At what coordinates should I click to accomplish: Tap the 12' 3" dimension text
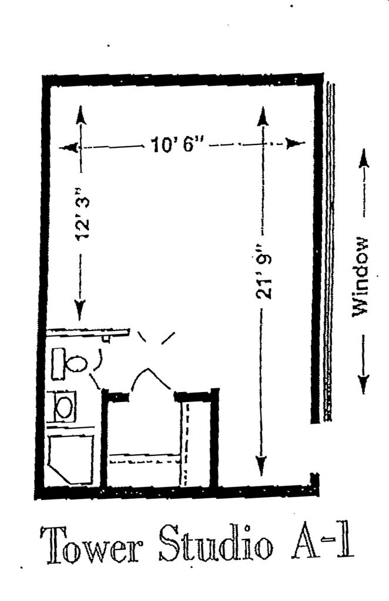[82, 217]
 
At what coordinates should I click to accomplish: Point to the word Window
[360, 276]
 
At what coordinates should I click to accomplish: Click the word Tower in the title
[92, 542]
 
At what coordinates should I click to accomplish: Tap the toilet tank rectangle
[58, 363]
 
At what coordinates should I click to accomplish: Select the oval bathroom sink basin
[64, 406]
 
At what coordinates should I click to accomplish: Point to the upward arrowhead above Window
[364, 157]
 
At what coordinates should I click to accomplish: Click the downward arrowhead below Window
[364, 384]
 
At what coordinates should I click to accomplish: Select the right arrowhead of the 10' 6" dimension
[296, 143]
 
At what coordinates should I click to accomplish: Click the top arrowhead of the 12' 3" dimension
[81, 114]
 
